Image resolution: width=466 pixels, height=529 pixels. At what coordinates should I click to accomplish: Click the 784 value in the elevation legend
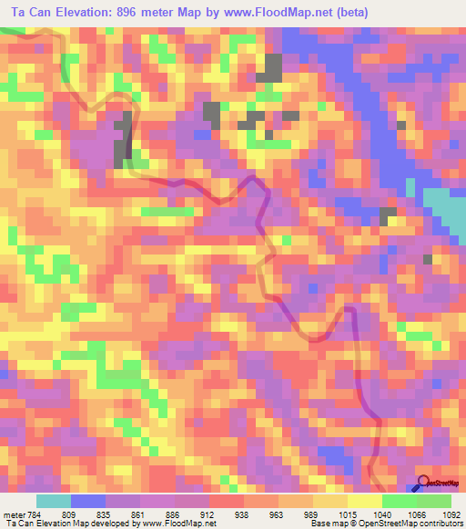pyautogui.click(x=32, y=512)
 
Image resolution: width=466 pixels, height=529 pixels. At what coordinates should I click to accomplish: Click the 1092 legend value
pyautogui.click(x=452, y=512)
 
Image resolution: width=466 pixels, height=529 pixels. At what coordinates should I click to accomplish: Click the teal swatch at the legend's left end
pyautogui.click(x=53, y=500)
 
